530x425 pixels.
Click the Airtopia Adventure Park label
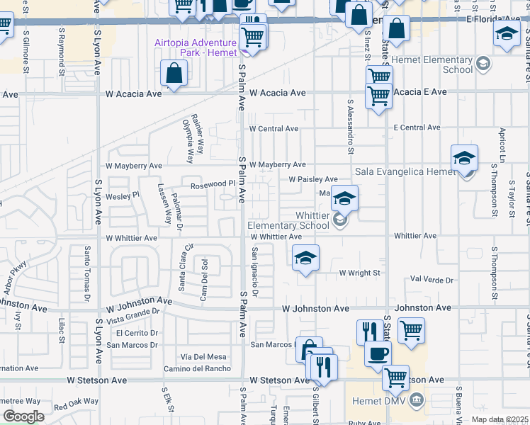(x=196, y=47)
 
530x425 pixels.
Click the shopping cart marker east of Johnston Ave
(x=411, y=329)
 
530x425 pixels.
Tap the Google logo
(x=23, y=416)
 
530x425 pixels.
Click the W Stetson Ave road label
(x=97, y=380)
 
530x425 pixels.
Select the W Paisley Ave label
(x=312, y=179)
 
